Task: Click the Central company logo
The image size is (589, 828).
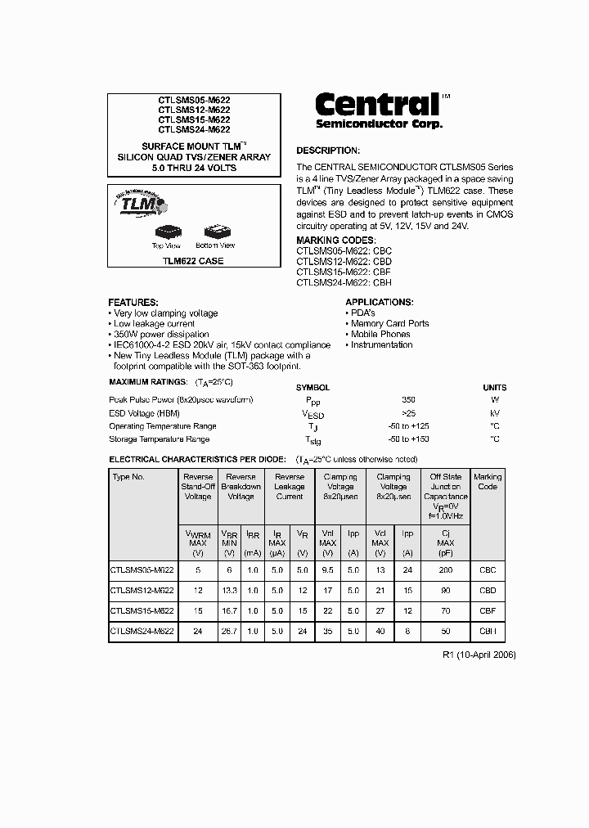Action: coord(379,110)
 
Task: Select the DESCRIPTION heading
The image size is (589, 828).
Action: coord(327,151)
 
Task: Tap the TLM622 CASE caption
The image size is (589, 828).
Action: coord(193,261)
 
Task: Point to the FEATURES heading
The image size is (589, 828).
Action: coord(133,302)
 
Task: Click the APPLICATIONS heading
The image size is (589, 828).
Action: coord(379,302)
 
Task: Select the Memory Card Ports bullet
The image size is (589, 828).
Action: coord(389,323)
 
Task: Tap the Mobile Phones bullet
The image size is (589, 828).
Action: coord(380,334)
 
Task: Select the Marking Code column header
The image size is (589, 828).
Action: coord(488,482)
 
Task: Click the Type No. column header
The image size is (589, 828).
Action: coord(128,476)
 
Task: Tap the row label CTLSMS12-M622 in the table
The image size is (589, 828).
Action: coord(142,590)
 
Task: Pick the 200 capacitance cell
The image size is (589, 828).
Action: coord(445,569)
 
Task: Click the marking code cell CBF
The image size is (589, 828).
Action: coord(488,611)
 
